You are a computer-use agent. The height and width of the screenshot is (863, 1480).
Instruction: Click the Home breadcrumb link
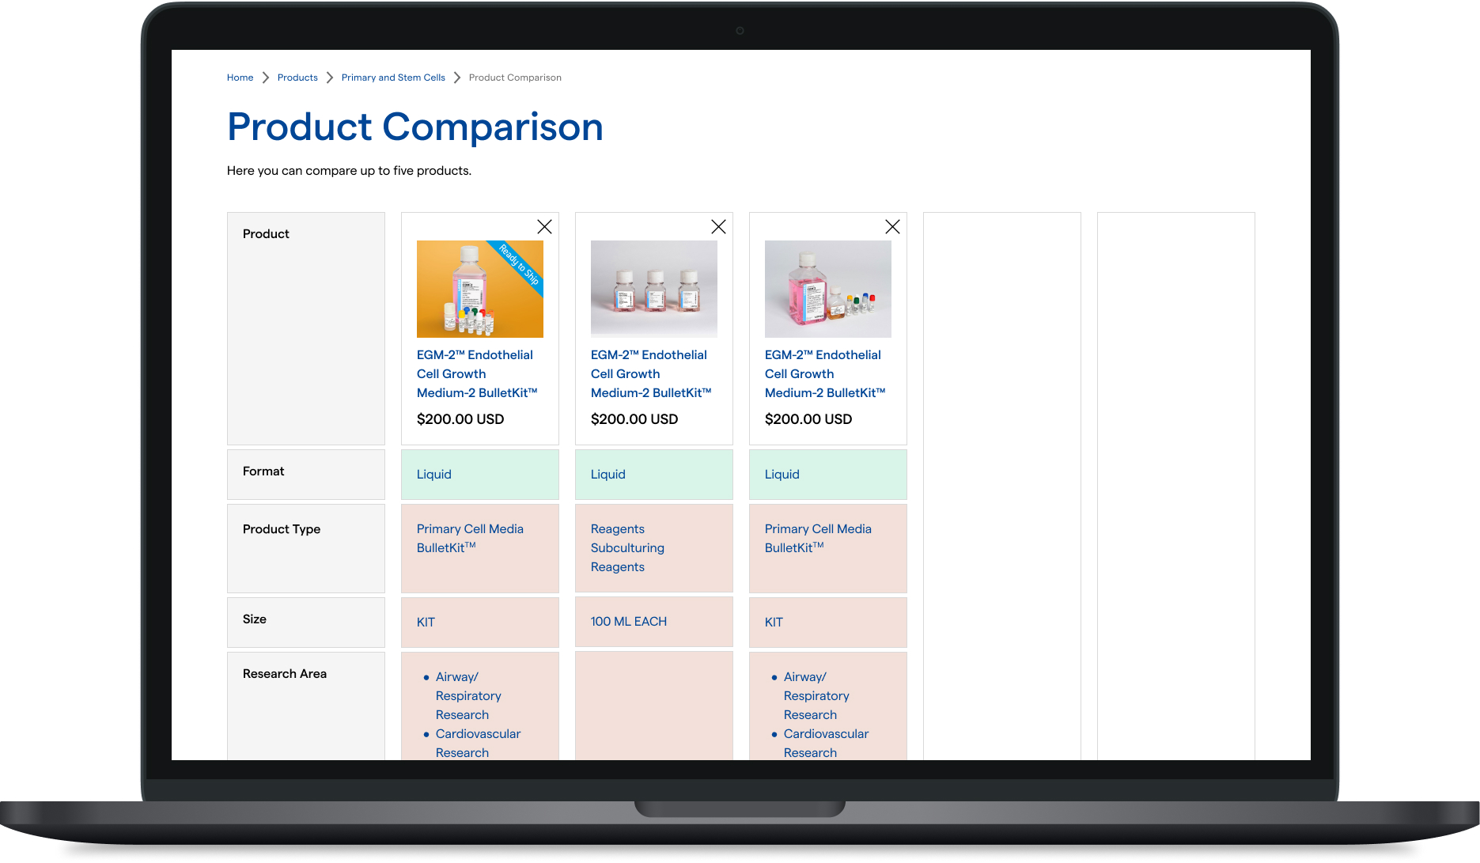pyautogui.click(x=240, y=78)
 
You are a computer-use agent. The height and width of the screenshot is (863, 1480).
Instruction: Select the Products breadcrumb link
pyautogui.click(x=297, y=78)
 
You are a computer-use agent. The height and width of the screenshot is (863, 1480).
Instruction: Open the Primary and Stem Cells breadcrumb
pyautogui.click(x=393, y=78)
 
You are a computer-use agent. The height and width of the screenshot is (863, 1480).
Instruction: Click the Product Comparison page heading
pyautogui.click(x=415, y=127)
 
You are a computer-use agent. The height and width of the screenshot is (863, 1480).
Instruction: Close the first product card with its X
pyautogui.click(x=545, y=227)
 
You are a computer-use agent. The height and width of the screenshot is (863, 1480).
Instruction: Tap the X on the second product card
pyautogui.click(x=719, y=227)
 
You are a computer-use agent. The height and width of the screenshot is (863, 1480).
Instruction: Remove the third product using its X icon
pyautogui.click(x=893, y=227)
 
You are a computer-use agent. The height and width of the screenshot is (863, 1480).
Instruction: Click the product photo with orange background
pyautogui.click(x=480, y=289)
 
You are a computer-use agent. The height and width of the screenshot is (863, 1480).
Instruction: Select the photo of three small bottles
pyautogui.click(x=654, y=289)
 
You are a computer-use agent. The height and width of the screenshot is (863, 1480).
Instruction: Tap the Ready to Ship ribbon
pyautogui.click(x=519, y=263)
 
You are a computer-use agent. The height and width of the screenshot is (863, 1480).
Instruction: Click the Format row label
pyautogui.click(x=263, y=471)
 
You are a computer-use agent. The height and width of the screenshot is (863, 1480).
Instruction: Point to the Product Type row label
pyautogui.click(x=282, y=529)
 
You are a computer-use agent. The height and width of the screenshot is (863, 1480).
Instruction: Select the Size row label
pyautogui.click(x=255, y=619)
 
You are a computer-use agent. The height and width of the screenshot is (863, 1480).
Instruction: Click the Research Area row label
pyautogui.click(x=285, y=674)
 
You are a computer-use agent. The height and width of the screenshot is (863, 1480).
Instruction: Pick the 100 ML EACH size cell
pyautogui.click(x=629, y=622)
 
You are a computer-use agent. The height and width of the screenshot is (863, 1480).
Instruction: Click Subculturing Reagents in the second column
pyautogui.click(x=627, y=558)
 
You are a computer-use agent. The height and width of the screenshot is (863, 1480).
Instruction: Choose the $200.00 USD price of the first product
pyautogui.click(x=460, y=419)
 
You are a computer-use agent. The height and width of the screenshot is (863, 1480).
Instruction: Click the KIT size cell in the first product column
pyautogui.click(x=426, y=623)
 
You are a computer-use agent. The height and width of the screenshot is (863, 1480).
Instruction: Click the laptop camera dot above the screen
pyautogui.click(x=740, y=31)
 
